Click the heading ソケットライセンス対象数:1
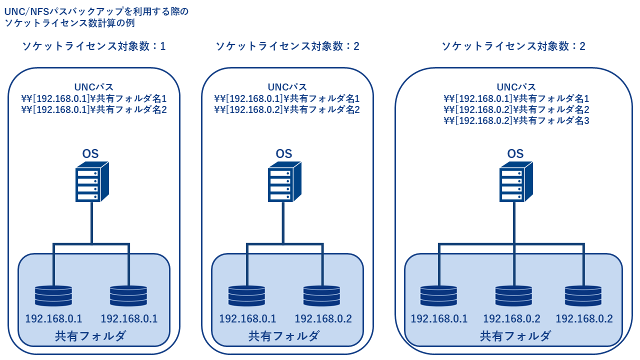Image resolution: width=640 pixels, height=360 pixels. coord(93,46)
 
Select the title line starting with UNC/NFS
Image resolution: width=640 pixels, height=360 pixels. coord(96,11)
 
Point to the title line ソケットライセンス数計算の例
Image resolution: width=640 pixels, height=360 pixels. coord(69,23)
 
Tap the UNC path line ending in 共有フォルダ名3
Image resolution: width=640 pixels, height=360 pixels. coord(516,120)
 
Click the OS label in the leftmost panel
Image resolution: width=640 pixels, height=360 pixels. coord(90,153)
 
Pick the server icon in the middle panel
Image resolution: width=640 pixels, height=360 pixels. coord(284,181)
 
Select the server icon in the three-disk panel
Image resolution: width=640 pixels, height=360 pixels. coord(516,181)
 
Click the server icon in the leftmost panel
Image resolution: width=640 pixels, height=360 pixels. coord(92,181)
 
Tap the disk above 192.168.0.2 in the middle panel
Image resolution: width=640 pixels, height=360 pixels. coord(321,295)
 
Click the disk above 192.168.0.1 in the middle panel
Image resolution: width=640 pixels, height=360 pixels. coord(246,295)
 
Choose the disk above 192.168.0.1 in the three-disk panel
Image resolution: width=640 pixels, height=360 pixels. coord(438,295)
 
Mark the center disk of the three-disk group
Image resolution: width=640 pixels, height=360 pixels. coord(513,295)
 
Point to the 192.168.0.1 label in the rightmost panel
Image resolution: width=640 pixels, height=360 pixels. coord(439,318)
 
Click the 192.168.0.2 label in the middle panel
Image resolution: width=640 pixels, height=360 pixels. coord(323,318)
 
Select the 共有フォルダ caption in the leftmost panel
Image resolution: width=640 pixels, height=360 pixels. coord(90,336)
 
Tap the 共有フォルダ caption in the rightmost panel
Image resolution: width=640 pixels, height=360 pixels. coord(515,336)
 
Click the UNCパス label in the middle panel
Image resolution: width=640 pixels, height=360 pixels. coord(287,87)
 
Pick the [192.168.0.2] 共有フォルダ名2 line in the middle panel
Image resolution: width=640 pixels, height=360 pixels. coord(287,109)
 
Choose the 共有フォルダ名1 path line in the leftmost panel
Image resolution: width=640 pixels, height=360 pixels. coord(93,98)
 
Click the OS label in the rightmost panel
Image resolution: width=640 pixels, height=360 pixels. coord(515,153)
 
